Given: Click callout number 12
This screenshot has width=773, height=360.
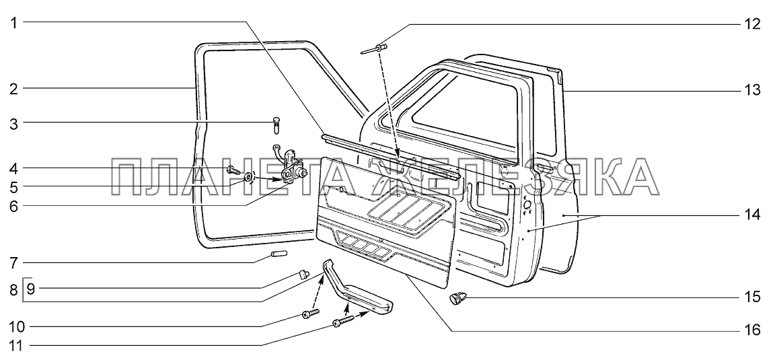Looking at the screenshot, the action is pos(752,24).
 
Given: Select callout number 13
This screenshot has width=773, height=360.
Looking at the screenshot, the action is pos(752,92).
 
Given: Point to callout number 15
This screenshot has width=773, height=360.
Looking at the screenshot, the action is pos(752,297).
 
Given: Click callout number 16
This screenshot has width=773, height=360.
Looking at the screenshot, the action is pos(752,330).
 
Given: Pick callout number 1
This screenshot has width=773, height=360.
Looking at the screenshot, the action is pos(15,22).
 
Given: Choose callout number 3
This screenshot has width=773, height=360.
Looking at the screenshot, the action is pos(14,124).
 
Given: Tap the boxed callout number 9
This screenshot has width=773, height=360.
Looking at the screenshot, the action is pos(30,289).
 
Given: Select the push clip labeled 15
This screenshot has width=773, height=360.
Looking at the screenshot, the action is pos(457,298).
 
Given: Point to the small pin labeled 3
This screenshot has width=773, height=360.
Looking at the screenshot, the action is pos(277,124).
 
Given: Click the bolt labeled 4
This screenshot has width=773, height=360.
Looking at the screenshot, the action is pos(233,171).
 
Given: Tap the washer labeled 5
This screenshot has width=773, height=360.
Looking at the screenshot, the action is pos(248,176).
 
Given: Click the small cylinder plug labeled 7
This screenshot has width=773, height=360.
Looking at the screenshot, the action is pos(279,254).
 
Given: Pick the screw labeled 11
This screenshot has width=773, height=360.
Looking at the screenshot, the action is pos(344,321).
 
